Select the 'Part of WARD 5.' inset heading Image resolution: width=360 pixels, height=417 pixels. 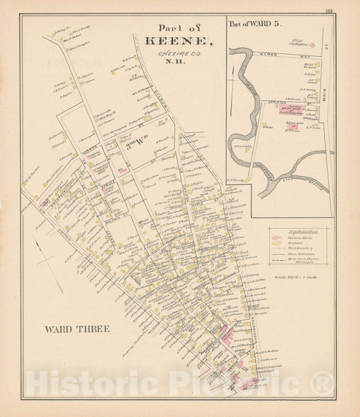[x=255, y=24]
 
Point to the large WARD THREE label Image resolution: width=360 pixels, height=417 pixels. [x=77, y=329]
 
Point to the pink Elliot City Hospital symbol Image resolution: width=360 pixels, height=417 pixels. [x=312, y=45]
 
